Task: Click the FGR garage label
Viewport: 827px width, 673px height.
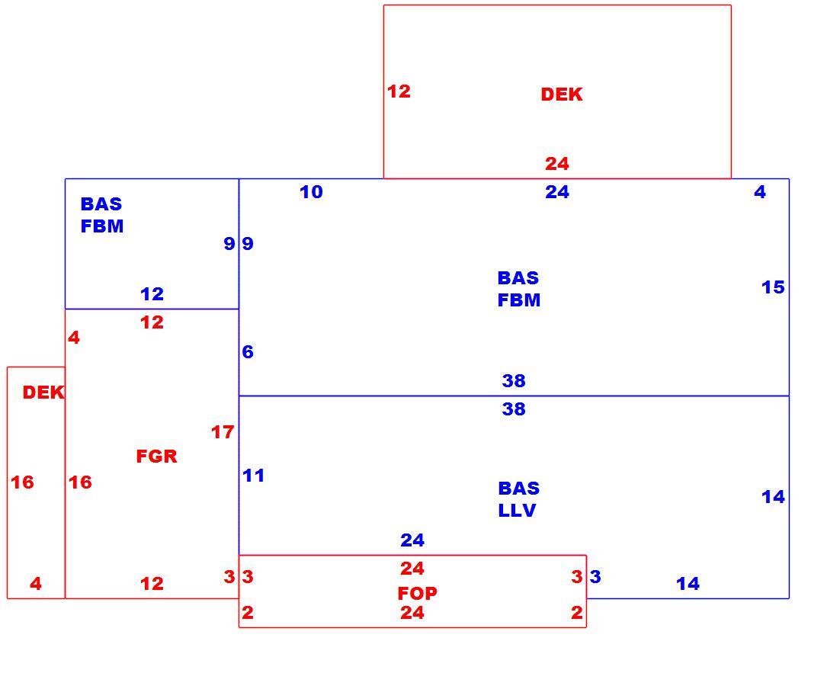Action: pyautogui.click(x=157, y=457)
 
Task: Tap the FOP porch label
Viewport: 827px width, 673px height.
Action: pyautogui.click(x=417, y=594)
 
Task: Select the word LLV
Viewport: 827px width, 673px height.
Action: pyautogui.click(x=518, y=511)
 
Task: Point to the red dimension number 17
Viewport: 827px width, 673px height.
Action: pyautogui.click(x=223, y=432)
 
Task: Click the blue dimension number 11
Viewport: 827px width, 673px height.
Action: pyautogui.click(x=253, y=476)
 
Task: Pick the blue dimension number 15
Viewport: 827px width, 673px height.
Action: pyautogui.click(x=773, y=287)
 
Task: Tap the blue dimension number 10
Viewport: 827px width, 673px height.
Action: pyautogui.click(x=311, y=192)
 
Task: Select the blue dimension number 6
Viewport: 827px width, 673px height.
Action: pyautogui.click(x=248, y=352)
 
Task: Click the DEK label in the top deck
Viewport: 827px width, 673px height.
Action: pyautogui.click(x=562, y=95)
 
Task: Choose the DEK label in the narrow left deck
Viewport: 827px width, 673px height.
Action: pyautogui.click(x=43, y=393)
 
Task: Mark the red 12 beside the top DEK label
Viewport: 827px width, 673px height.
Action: pyautogui.click(x=399, y=91)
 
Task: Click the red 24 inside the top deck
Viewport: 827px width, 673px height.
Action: pyautogui.click(x=557, y=164)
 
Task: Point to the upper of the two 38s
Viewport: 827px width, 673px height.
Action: pyautogui.click(x=514, y=381)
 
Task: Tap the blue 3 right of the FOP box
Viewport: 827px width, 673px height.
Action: pyautogui.click(x=595, y=577)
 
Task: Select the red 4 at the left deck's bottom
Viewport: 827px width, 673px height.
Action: pyautogui.click(x=36, y=584)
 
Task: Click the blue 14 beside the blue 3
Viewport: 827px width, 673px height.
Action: pyautogui.click(x=688, y=584)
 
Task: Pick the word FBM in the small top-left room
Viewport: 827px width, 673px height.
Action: pyautogui.click(x=102, y=226)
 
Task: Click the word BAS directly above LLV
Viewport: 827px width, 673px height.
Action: pyautogui.click(x=519, y=489)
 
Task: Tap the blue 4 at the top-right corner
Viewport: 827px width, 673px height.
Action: pyautogui.click(x=760, y=192)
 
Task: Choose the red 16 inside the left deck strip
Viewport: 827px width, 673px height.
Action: pyautogui.click(x=22, y=482)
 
